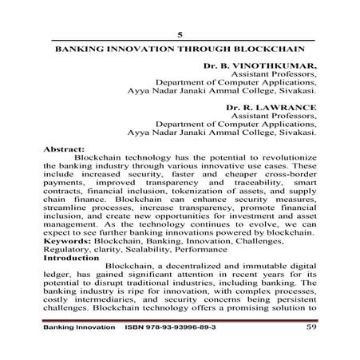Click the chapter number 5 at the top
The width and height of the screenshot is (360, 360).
pyautogui.click(x=180, y=34)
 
